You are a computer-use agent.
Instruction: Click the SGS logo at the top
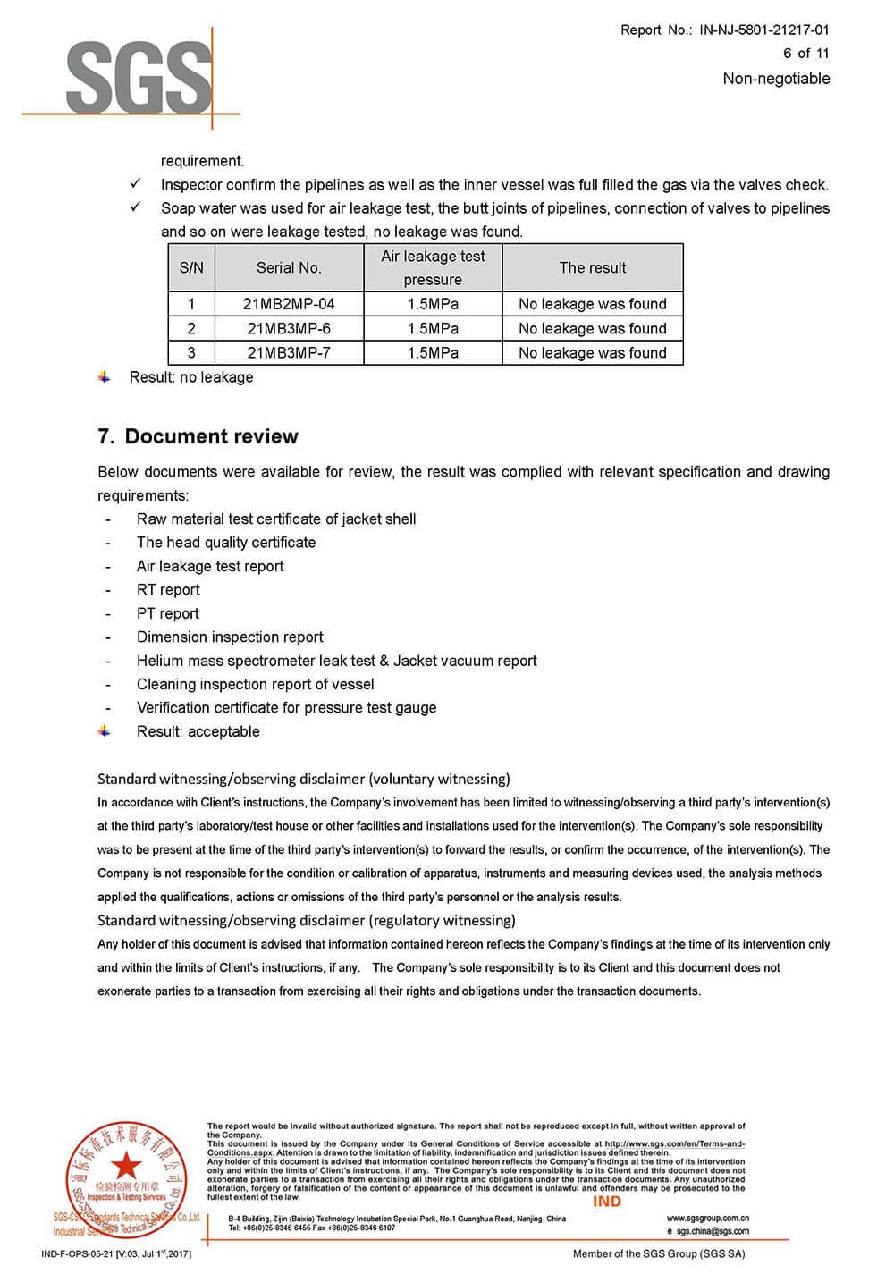pos(139,79)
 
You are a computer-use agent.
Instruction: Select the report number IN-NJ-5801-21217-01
pos(763,30)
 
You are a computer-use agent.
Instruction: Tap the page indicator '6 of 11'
pos(805,54)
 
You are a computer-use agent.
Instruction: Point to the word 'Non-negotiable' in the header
pos(776,79)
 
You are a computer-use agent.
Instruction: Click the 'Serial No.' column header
pos(289,267)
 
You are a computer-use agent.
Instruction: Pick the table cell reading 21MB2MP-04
pos(289,304)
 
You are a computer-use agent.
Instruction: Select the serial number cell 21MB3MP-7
pos(289,353)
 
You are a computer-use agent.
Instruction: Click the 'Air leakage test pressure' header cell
pos(433,267)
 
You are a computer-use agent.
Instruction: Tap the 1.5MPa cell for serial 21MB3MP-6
pos(433,329)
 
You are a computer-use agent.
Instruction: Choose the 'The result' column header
pos(593,267)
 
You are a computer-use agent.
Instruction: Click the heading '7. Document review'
pos(198,436)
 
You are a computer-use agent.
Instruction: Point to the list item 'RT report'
pos(168,590)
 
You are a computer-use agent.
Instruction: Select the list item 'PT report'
pos(168,614)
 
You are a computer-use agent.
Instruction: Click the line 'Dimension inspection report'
pos(230,637)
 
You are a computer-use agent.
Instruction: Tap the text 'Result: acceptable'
pos(198,731)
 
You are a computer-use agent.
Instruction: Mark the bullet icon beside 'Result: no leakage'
pos(105,377)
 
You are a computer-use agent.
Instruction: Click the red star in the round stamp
pos(126,1165)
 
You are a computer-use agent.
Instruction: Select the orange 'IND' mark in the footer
pos(606,1202)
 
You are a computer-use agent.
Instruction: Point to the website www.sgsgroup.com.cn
pos(707,1218)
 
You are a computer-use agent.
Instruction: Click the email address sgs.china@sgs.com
pos(712,1231)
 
